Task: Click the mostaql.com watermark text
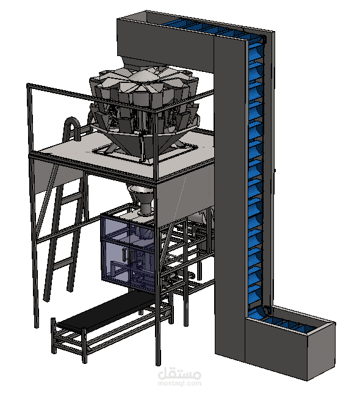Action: coord(179,383)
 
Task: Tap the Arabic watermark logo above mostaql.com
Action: coord(179,374)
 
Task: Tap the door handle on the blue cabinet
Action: coord(124,254)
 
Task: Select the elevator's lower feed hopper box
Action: coord(290,343)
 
